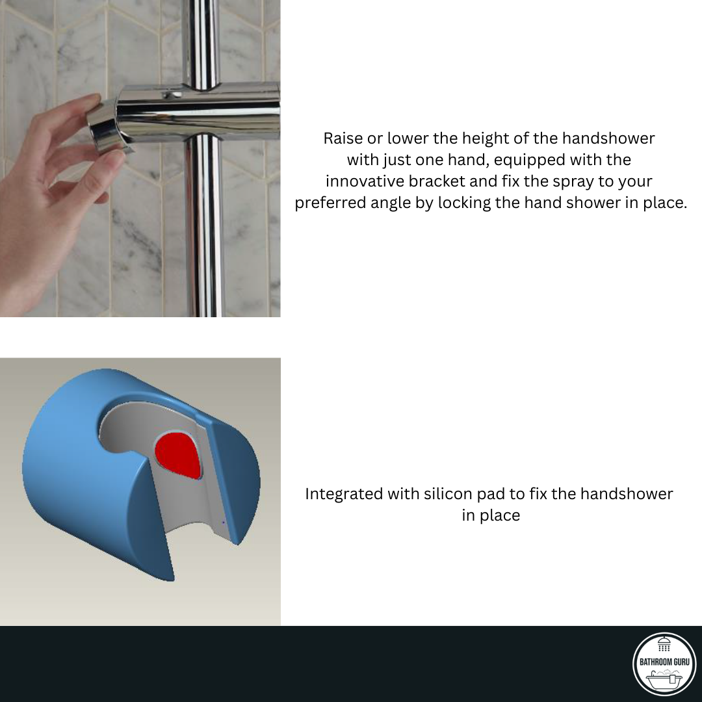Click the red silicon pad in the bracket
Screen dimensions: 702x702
pyautogui.click(x=178, y=454)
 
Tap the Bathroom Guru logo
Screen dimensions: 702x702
pyautogui.click(x=664, y=664)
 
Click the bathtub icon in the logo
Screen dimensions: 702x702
pyautogui.click(x=664, y=679)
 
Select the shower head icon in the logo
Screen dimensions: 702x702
pyautogui.click(x=664, y=644)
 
